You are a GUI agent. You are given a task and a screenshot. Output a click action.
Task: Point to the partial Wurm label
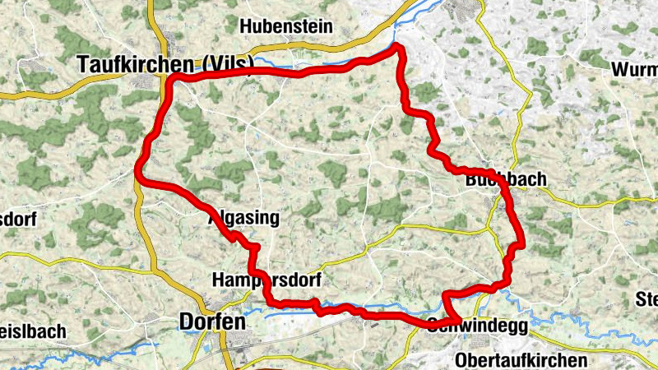pos(635,70)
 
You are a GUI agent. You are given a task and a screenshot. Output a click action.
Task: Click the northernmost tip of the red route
pos(398,47)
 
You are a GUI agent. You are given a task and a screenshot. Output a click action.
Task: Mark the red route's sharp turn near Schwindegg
pos(457,320)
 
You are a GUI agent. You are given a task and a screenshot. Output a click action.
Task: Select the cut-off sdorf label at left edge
pos(16,220)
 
